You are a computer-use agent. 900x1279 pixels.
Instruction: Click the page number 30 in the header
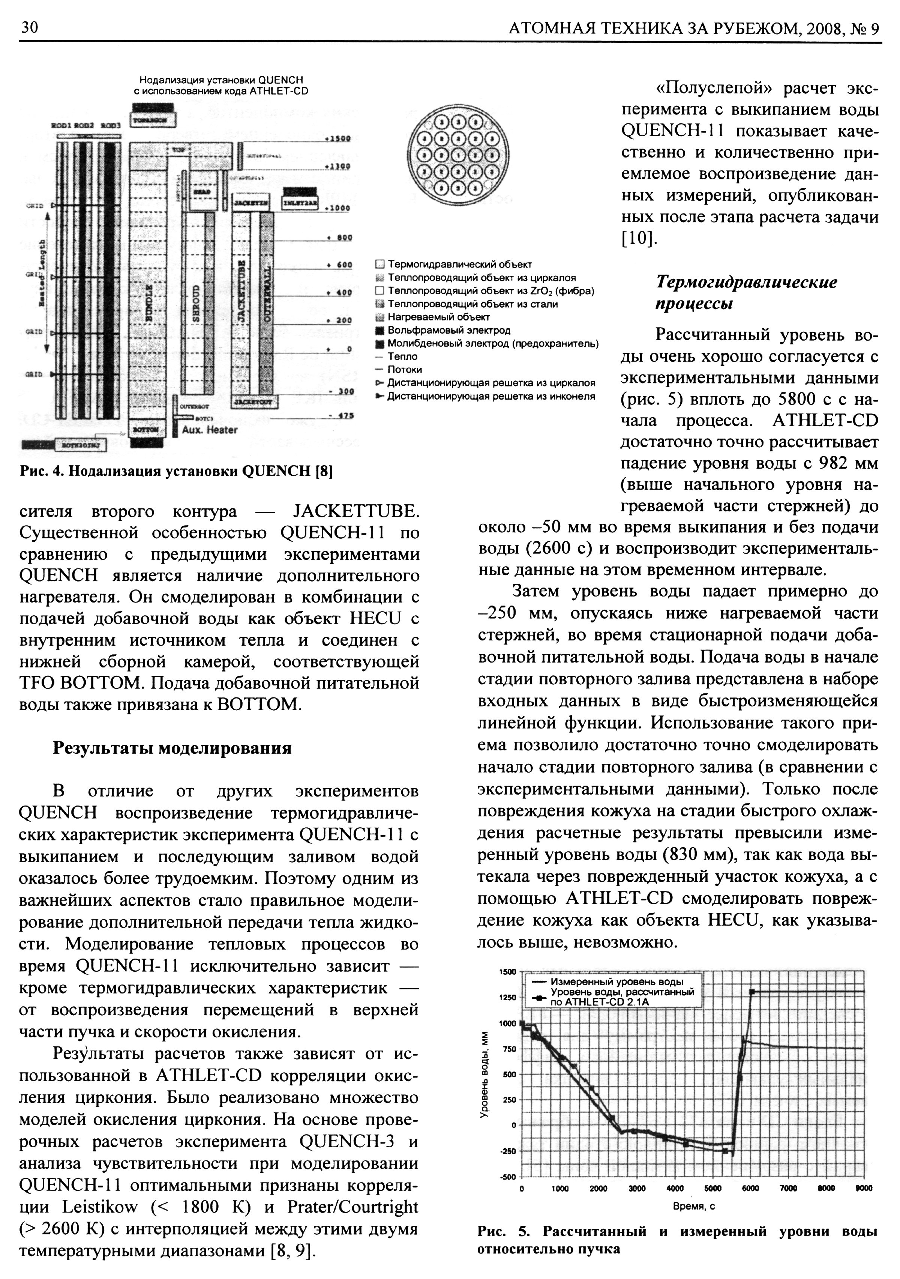pos(29,27)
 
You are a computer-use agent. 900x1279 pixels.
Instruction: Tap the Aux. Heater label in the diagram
pos(209,430)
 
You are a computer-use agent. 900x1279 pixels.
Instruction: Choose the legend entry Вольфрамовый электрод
pos(449,330)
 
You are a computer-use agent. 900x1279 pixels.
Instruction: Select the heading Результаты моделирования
pos(172,747)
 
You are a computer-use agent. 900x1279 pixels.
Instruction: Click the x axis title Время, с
pos(693,1207)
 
